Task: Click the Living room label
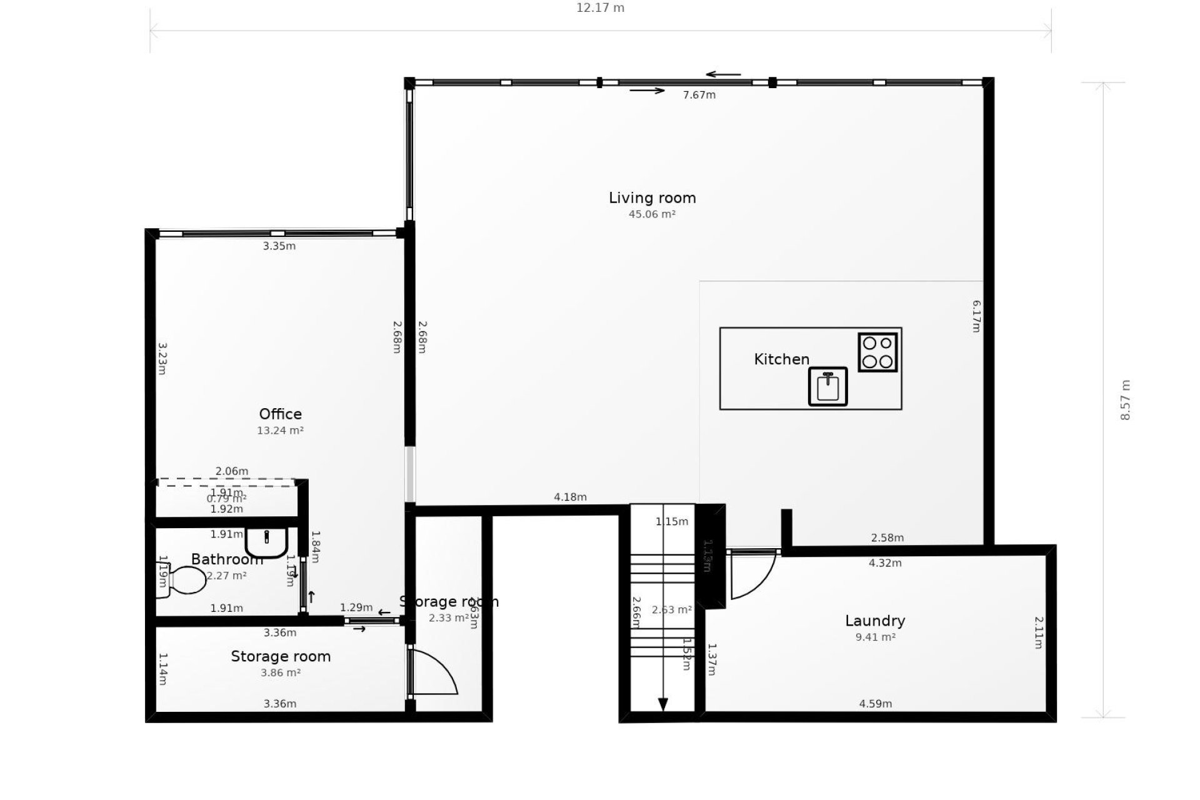tap(652, 198)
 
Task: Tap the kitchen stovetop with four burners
tap(877, 352)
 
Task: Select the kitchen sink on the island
tap(827, 387)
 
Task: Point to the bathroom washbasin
tap(266, 542)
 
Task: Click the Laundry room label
tap(874, 621)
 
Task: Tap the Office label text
tap(280, 414)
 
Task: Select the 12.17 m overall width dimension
tap(600, 8)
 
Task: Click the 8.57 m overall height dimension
tap(1126, 400)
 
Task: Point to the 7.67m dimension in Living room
tap(699, 95)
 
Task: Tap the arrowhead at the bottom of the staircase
tap(663, 704)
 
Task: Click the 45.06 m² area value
tap(652, 214)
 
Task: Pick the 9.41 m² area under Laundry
tap(875, 637)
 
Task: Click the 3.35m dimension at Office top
tap(279, 246)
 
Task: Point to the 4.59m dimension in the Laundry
tap(875, 704)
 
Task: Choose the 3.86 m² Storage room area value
tap(281, 673)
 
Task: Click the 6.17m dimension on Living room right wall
tap(976, 316)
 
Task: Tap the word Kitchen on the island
tap(781, 359)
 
